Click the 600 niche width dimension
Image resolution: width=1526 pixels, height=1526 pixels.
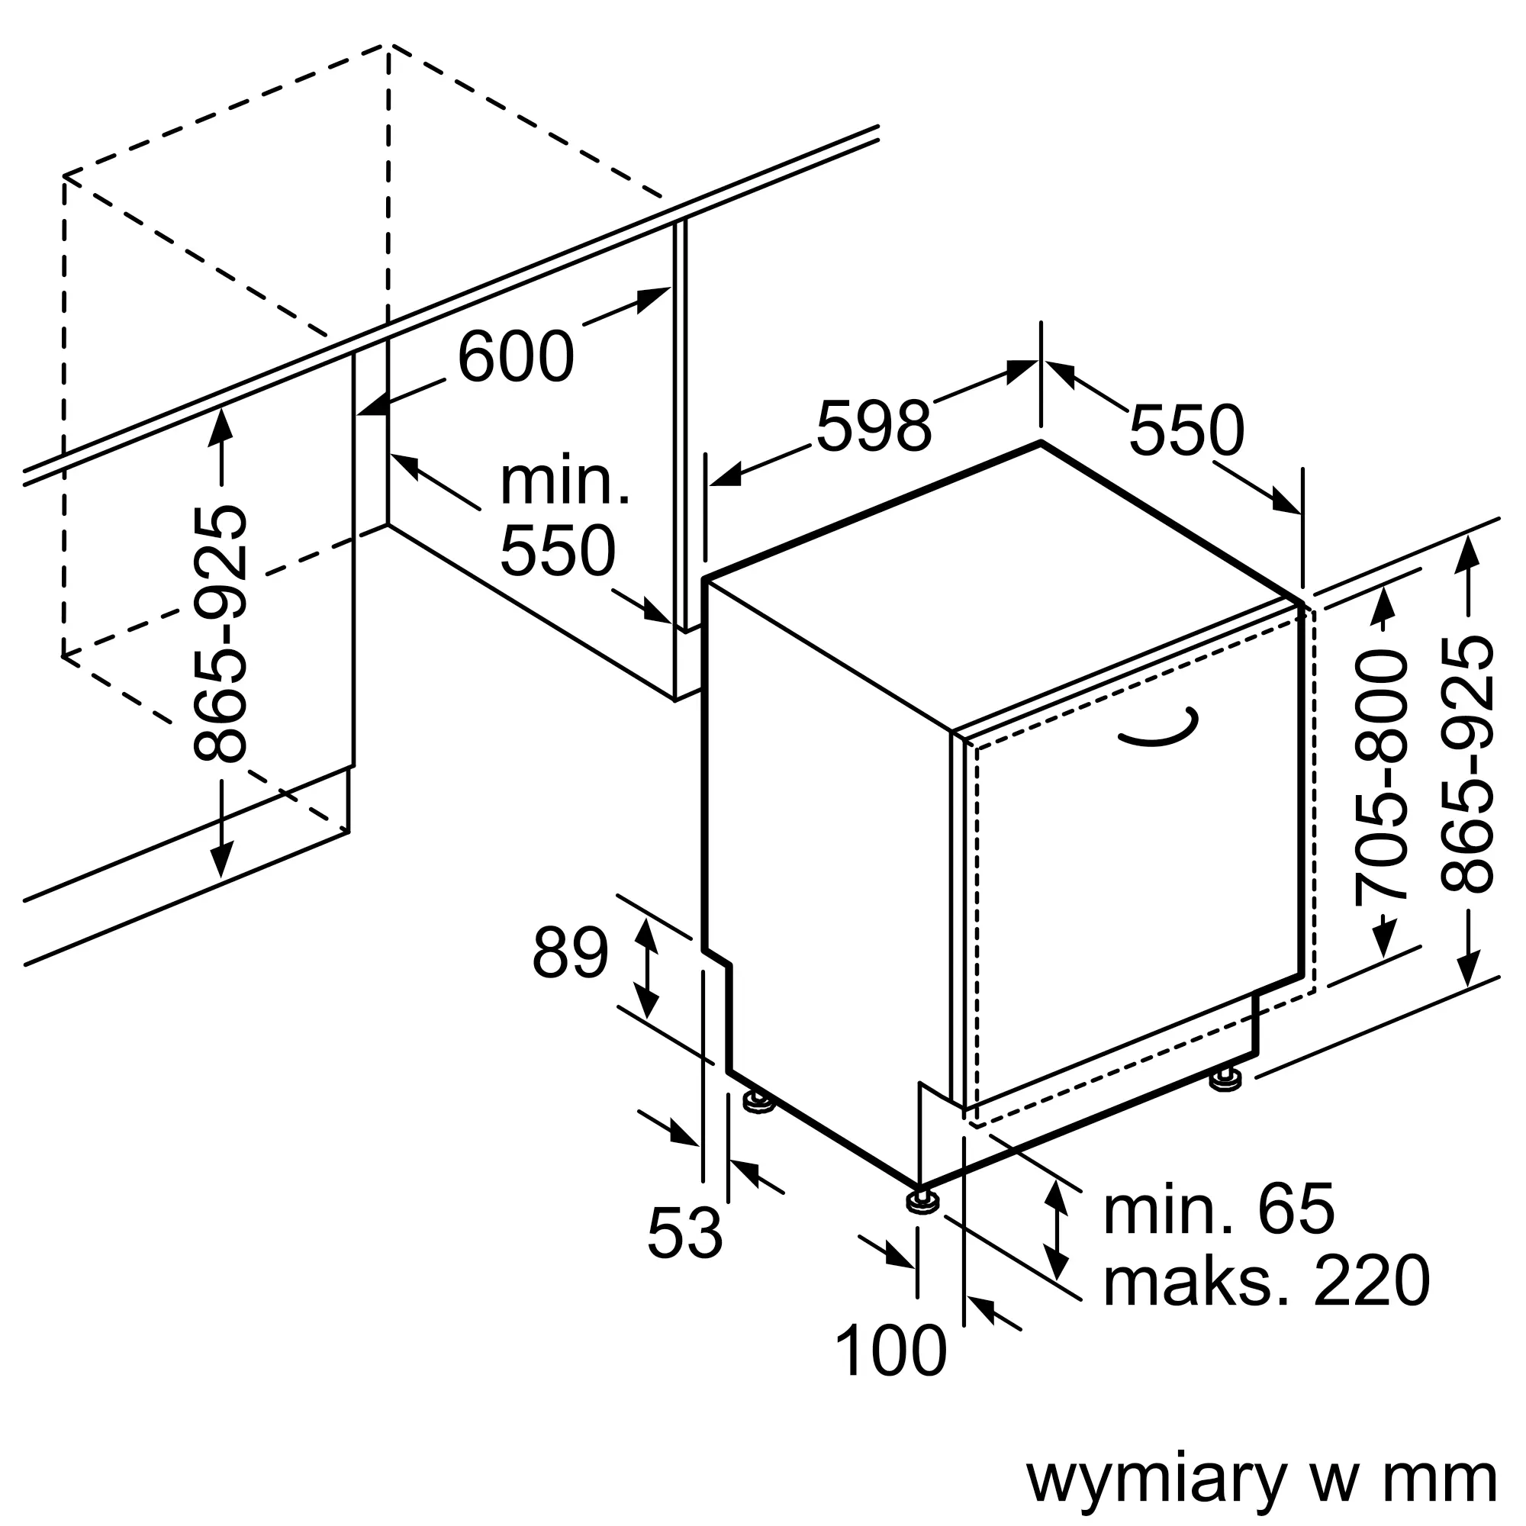516,357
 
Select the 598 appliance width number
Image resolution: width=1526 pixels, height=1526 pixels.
874,427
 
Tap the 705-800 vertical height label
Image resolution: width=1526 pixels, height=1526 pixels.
1382,778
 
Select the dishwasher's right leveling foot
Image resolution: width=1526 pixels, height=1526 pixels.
1224,1080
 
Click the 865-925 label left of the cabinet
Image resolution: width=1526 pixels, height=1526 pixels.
220,633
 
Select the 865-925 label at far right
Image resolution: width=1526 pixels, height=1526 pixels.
1466,765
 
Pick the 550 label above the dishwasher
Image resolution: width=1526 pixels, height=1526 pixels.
1186,431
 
